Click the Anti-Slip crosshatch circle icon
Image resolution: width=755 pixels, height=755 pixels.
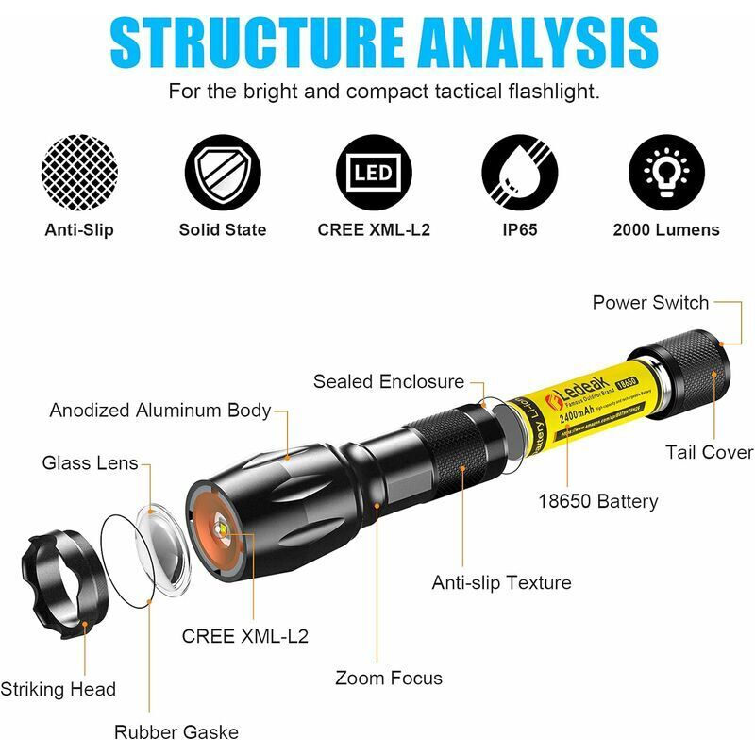79,175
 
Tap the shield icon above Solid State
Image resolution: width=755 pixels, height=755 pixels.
223,175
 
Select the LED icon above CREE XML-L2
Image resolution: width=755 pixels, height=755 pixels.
374,175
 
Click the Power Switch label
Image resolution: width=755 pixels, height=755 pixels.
650,303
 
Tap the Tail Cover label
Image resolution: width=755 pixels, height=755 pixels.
709,452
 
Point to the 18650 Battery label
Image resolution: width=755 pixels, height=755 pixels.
597,501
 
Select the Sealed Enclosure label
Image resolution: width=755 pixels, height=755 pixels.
389,382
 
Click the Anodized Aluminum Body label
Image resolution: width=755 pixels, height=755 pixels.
160,411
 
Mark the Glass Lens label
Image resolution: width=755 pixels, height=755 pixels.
91,463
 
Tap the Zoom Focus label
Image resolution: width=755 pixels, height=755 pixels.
389,678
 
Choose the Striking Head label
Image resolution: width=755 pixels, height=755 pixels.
59,689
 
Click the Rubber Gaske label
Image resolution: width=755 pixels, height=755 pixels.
176,731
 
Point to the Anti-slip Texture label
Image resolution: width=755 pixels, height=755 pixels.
501,582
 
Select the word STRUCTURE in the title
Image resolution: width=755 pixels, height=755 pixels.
247,42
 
